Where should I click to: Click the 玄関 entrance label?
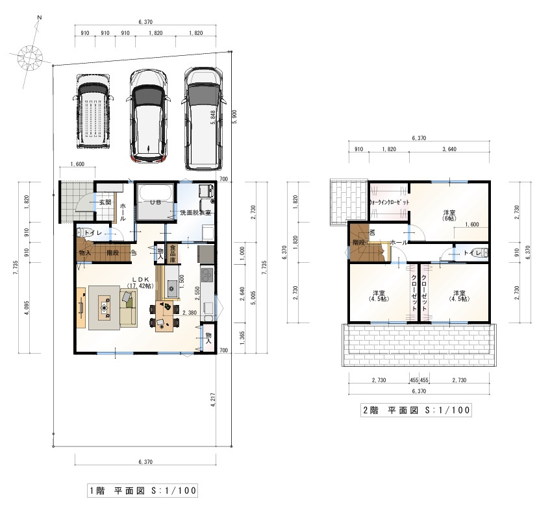pos(105,202)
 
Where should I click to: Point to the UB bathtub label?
pos(155,202)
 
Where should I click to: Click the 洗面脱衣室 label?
pos(195,213)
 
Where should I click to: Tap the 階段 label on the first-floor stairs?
pos(112,252)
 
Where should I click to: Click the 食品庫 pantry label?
pos(173,252)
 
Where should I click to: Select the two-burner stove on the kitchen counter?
pos(207,276)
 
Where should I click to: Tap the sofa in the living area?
pos(127,307)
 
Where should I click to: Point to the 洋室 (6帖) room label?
pos(449,215)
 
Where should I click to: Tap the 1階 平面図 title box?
pos(142,490)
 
